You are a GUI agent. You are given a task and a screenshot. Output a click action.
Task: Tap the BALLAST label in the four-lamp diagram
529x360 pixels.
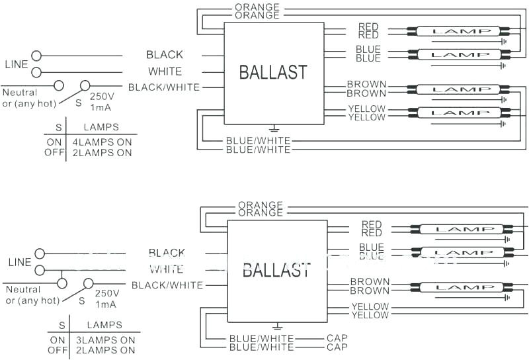point(273,72)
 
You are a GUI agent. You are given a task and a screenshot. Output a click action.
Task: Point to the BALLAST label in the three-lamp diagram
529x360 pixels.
point(276,270)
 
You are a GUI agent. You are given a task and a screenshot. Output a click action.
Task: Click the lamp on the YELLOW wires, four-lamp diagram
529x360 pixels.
point(458,113)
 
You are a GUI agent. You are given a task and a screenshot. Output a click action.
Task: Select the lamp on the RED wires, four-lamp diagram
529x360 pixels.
point(458,31)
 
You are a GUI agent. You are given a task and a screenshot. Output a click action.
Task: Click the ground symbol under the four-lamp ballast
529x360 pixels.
point(274,128)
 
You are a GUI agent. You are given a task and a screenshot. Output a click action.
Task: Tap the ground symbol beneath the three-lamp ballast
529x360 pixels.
point(278,326)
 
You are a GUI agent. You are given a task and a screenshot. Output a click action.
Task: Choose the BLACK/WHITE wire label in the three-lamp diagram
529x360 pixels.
point(167,285)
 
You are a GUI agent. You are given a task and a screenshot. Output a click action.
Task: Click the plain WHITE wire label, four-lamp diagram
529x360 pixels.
point(165,71)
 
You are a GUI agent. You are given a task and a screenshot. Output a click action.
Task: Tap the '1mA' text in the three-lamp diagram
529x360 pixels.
point(106,303)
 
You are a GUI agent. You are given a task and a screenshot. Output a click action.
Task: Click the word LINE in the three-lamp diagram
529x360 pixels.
point(19,262)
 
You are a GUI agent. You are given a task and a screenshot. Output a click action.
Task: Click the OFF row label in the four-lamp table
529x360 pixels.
point(54,153)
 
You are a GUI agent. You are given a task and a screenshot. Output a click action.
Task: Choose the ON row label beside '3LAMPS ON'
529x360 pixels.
point(58,340)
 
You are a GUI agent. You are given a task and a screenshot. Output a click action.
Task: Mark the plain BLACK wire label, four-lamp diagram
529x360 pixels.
point(165,55)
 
